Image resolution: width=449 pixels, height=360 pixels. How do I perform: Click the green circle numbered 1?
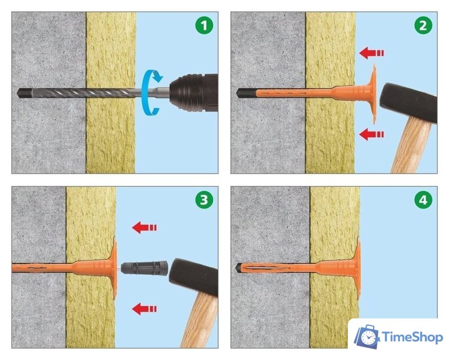pyautogui.click(x=204, y=25)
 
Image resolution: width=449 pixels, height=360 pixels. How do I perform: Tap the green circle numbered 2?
pyautogui.click(x=423, y=25)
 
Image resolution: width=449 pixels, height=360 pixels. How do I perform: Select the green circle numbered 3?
pyautogui.click(x=204, y=200)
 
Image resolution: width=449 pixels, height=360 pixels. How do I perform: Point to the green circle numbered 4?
pyautogui.click(x=423, y=200)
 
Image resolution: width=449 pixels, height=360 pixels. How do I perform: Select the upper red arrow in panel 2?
pyautogui.click(x=371, y=53)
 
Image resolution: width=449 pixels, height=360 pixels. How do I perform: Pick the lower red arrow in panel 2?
pyautogui.click(x=371, y=134)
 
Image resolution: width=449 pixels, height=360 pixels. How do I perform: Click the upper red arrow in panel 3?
pyautogui.click(x=144, y=228)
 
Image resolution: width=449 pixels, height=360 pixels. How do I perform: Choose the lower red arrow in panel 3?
pyautogui.click(x=144, y=309)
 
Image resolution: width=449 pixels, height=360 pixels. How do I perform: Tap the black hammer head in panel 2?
pyautogui.click(x=408, y=102)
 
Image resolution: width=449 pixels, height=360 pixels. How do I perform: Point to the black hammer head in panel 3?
pyautogui.click(x=194, y=277)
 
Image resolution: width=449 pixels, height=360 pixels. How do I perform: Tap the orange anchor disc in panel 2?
pyautogui.click(x=373, y=94)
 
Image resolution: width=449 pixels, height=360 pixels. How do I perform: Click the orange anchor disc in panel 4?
pyautogui.click(x=357, y=268)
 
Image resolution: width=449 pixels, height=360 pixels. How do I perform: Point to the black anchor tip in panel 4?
pyautogui.click(x=238, y=268)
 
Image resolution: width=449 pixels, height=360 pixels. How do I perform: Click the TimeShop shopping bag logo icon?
pyautogui.click(x=368, y=337)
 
